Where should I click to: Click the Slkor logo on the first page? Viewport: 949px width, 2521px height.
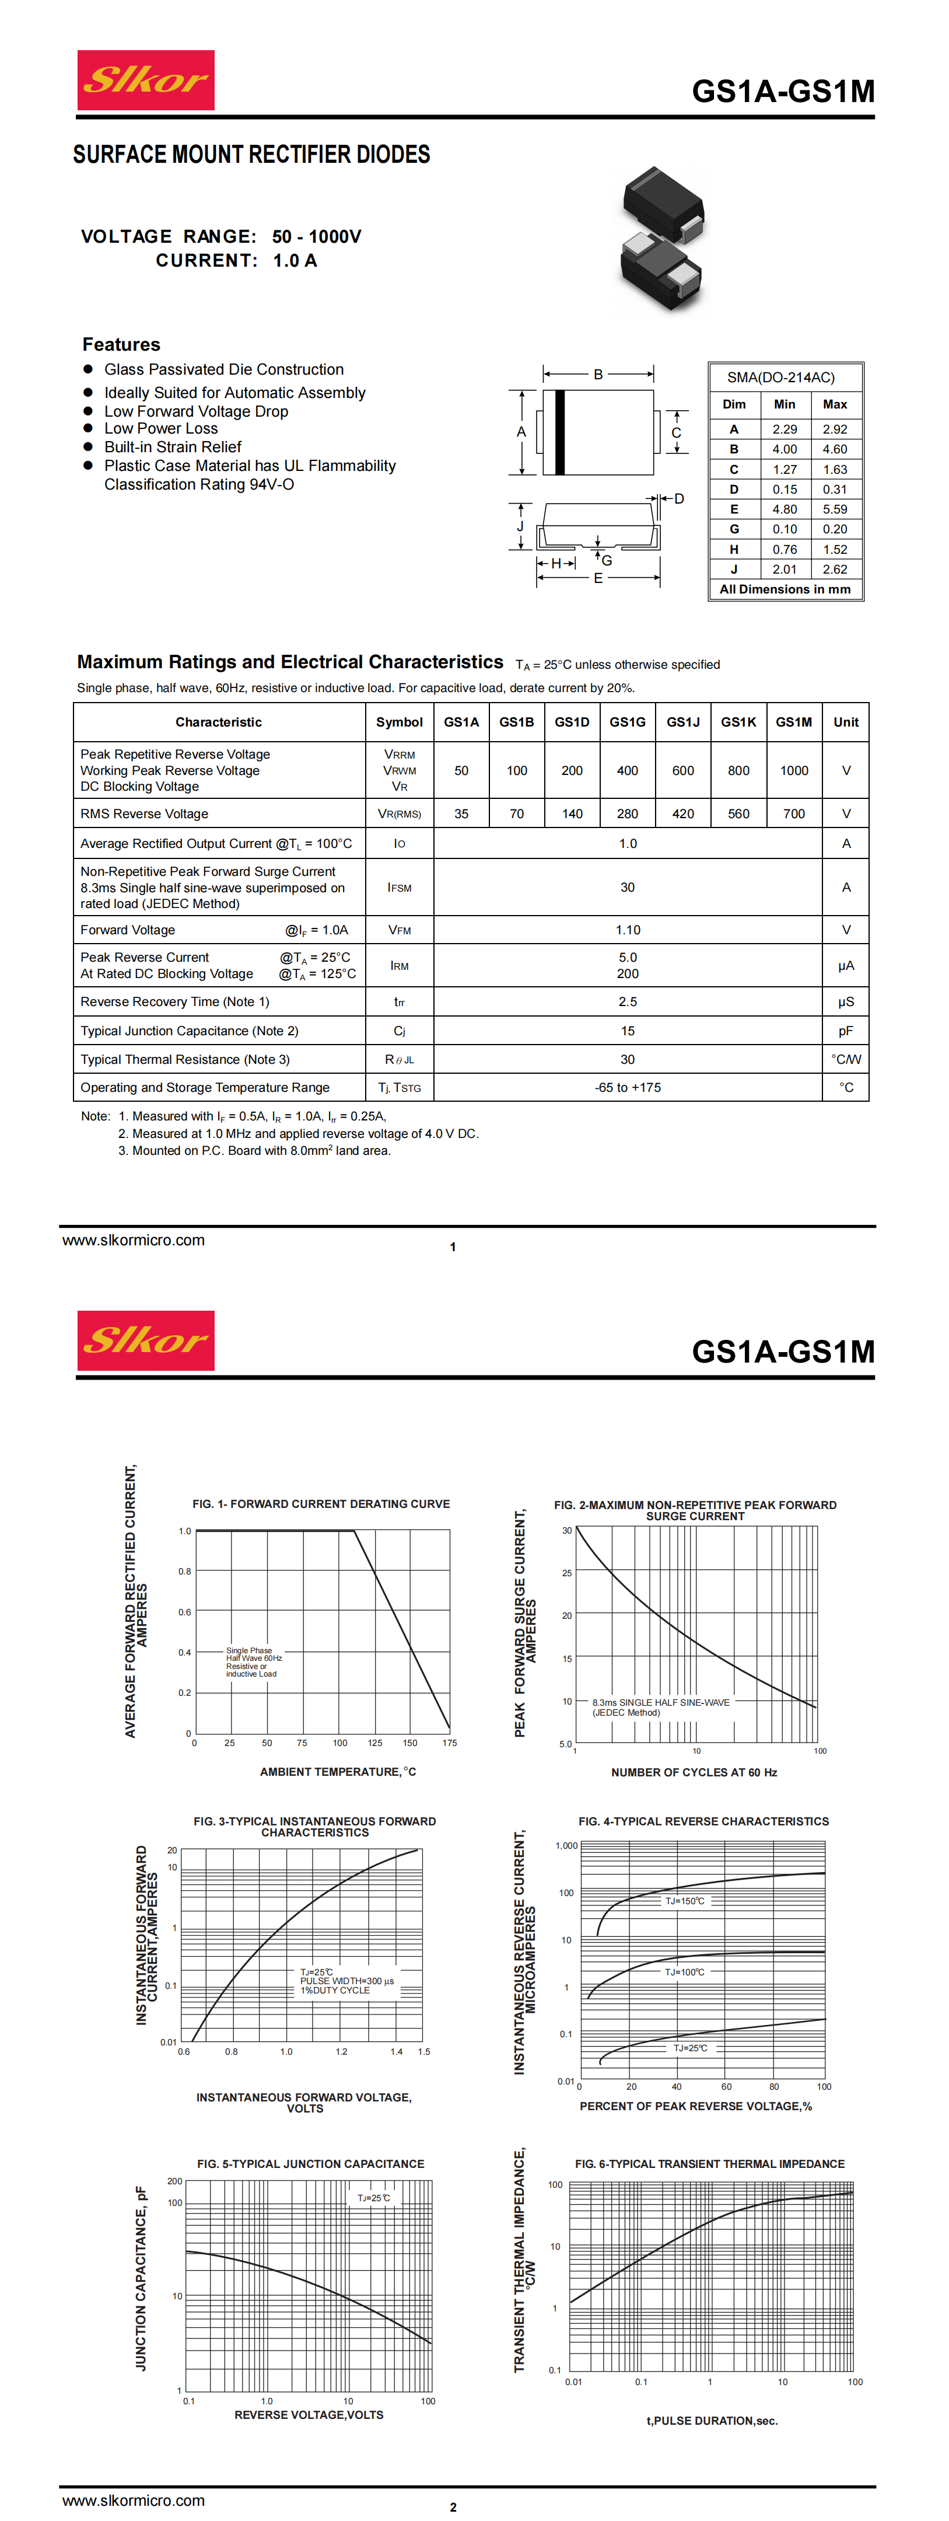pos(146,81)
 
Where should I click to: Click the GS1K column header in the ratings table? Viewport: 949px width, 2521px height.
pos(738,722)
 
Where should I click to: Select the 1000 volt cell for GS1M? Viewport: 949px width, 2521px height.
pos(793,770)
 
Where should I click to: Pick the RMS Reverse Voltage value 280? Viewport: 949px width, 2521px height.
pos(627,813)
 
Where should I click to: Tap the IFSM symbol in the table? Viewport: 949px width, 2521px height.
pos(399,888)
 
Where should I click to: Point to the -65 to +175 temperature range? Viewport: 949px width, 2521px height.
pos(627,1087)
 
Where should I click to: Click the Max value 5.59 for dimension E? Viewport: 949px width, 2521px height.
pos(835,509)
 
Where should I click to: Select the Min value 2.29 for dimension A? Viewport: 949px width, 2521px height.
pos(785,429)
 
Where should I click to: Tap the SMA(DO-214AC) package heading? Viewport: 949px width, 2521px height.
pos(781,377)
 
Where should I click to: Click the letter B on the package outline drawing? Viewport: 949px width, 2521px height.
pos(598,374)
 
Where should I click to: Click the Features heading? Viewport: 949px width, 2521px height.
pos(121,344)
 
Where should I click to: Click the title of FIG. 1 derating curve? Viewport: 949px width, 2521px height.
pos(321,1504)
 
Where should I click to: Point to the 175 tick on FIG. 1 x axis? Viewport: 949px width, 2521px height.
pos(449,1743)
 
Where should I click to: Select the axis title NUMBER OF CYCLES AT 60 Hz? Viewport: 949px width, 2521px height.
pos(694,1772)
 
